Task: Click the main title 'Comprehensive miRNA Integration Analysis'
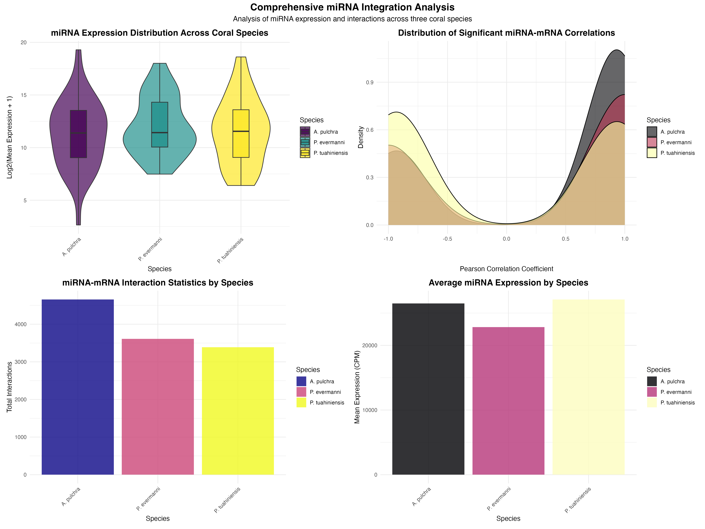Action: tap(352, 7)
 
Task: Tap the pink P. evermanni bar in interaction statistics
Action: tap(158, 407)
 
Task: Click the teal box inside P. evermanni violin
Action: tap(160, 124)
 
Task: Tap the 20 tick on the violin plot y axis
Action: tap(24, 42)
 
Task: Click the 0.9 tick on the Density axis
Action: tap(370, 82)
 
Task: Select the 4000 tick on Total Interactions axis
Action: tap(20, 324)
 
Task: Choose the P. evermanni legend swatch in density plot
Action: tap(652, 142)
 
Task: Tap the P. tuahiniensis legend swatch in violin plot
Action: tap(305, 153)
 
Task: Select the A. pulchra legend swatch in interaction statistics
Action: tap(301, 381)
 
